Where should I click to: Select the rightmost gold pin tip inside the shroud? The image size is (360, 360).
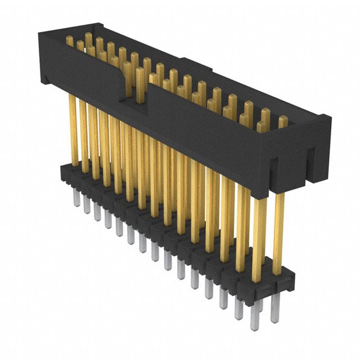[x=282, y=121]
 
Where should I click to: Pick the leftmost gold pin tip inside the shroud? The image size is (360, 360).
[x=70, y=40]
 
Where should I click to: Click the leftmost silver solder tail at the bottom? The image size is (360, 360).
[x=76, y=199]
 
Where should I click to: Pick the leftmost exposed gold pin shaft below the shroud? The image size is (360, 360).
[x=73, y=129]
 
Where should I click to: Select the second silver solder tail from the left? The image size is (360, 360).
[x=87, y=206]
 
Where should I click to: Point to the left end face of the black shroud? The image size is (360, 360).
[x=43, y=62]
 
